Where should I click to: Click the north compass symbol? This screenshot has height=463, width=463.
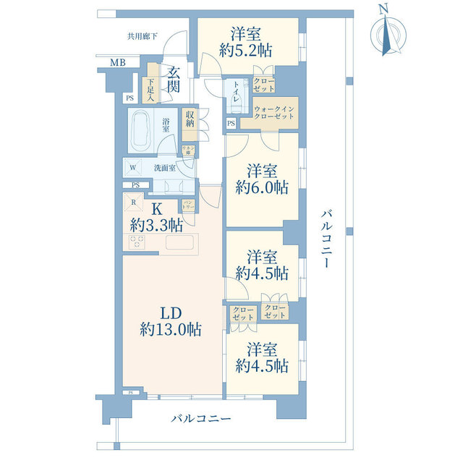coord(389,34)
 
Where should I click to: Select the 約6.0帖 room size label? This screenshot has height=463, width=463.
coord(262,179)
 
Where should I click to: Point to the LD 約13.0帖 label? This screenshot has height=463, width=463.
coord(170,322)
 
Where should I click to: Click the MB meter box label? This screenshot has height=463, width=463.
coord(117,64)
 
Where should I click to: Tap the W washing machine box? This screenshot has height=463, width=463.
coord(133,168)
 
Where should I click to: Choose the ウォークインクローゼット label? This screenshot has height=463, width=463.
coord(276,113)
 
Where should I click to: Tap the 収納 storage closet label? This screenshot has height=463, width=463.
coord(190,119)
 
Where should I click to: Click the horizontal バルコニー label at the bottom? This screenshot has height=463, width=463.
coord(201,419)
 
